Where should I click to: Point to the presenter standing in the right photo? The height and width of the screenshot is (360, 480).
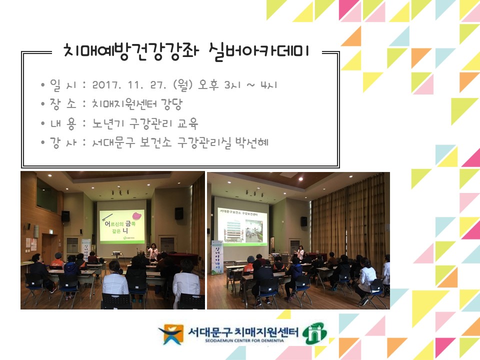point(300,251)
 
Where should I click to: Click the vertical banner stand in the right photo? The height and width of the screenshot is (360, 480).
point(217,258)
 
